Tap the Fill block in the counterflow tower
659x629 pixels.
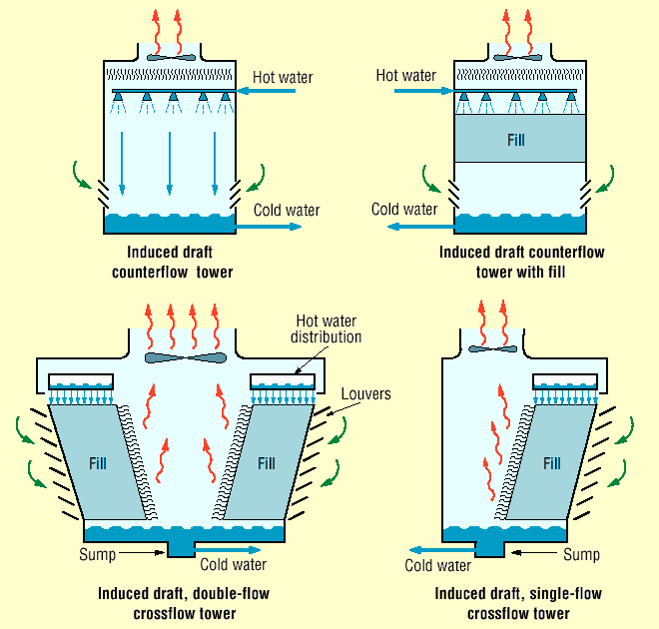click(516, 140)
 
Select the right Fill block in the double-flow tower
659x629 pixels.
click(266, 463)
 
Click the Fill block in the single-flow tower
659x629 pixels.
click(551, 463)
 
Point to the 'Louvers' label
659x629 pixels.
click(365, 394)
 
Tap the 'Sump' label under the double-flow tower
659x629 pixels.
click(99, 553)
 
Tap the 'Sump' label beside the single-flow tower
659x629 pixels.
click(581, 554)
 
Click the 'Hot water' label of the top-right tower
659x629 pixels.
click(405, 75)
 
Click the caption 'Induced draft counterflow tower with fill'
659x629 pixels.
click(521, 262)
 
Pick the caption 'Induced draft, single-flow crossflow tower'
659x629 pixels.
click(519, 603)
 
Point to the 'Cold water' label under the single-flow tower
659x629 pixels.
click(437, 566)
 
